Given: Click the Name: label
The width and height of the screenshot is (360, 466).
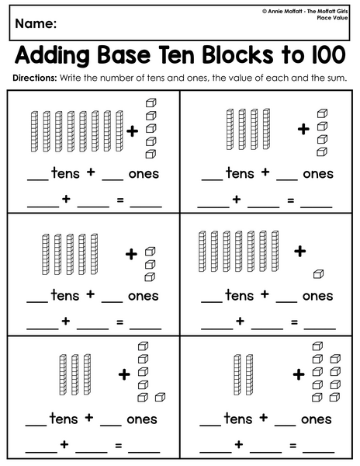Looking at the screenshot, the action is pos(36,23).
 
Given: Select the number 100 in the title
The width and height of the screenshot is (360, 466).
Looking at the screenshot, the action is pos(329,54).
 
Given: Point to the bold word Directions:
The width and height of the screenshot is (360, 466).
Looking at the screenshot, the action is pos(34,78).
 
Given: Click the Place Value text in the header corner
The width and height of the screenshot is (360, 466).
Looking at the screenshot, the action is pos(332,18).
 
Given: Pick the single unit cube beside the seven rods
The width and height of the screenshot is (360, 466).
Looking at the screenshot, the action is pos(318,273).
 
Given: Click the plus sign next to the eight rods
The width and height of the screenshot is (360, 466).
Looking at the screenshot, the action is pos(133,131).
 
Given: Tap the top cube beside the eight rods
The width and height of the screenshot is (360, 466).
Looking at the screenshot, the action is pos(151,103).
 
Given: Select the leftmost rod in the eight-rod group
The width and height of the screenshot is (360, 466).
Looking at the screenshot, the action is pos(34,132).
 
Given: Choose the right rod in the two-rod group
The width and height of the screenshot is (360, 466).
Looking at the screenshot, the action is pos(249,374).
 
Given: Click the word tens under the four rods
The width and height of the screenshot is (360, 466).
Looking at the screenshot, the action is pos(240,173).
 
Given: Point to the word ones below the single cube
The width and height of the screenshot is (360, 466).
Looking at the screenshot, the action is pos(317,297).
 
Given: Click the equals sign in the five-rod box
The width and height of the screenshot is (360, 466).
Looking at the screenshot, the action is pos(119,322).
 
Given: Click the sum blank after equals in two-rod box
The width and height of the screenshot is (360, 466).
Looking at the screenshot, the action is pos(318,451).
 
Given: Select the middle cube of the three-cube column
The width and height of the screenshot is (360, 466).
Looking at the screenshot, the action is pos(150,264).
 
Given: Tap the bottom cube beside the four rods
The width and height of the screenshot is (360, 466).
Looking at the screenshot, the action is pos(322,152).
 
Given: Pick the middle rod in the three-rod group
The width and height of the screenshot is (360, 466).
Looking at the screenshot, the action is pos(74,374).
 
